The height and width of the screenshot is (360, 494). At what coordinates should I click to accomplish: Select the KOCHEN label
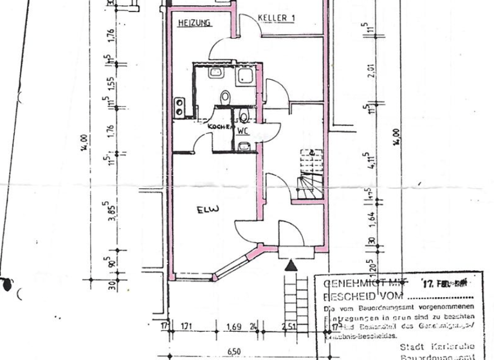tap(219, 127)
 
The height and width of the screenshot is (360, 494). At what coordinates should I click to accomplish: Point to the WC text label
tap(242, 130)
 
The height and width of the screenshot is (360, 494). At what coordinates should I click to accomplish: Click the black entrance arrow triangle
tap(291, 264)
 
